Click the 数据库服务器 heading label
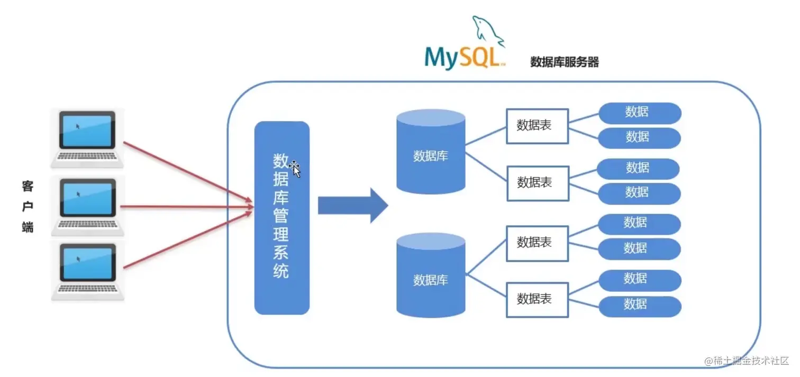pyautogui.click(x=564, y=62)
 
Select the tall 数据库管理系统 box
pyautogui.click(x=281, y=218)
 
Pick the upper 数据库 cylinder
pyautogui.click(x=431, y=153)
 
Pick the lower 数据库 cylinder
pyautogui.click(x=431, y=277)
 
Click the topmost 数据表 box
pyautogui.click(x=537, y=126)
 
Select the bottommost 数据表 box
pyautogui.click(x=537, y=299)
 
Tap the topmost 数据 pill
pyautogui.click(x=639, y=113)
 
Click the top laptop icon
pyautogui.click(x=87, y=137)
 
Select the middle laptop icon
pyautogui.click(x=87, y=206)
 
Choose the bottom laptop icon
pyautogui.click(x=87, y=270)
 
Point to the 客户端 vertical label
pyautogui.click(x=28, y=206)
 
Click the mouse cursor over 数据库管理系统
pyautogui.click(x=295, y=169)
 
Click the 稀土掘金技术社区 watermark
pyautogui.click(x=747, y=361)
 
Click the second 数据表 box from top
pyautogui.click(x=538, y=183)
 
